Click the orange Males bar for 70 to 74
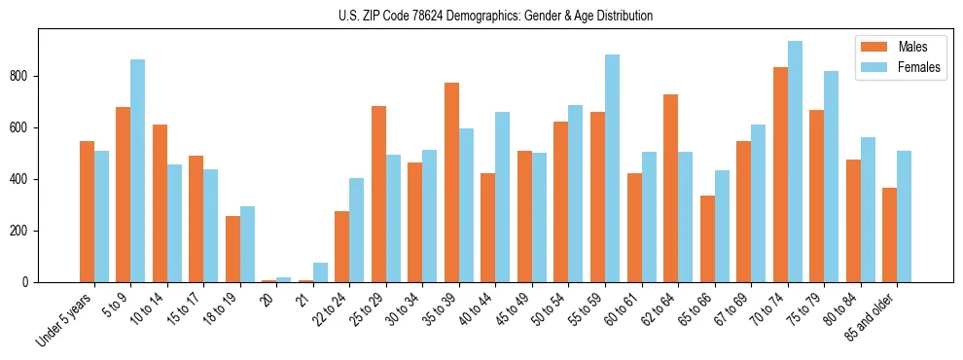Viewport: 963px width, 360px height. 780,175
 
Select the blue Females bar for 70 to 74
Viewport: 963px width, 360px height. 795,162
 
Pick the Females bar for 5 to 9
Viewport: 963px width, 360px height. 138,171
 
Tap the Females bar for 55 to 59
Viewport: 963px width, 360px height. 612,168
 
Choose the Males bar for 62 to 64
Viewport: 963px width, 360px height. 670,189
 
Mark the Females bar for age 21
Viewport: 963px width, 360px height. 320,272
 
